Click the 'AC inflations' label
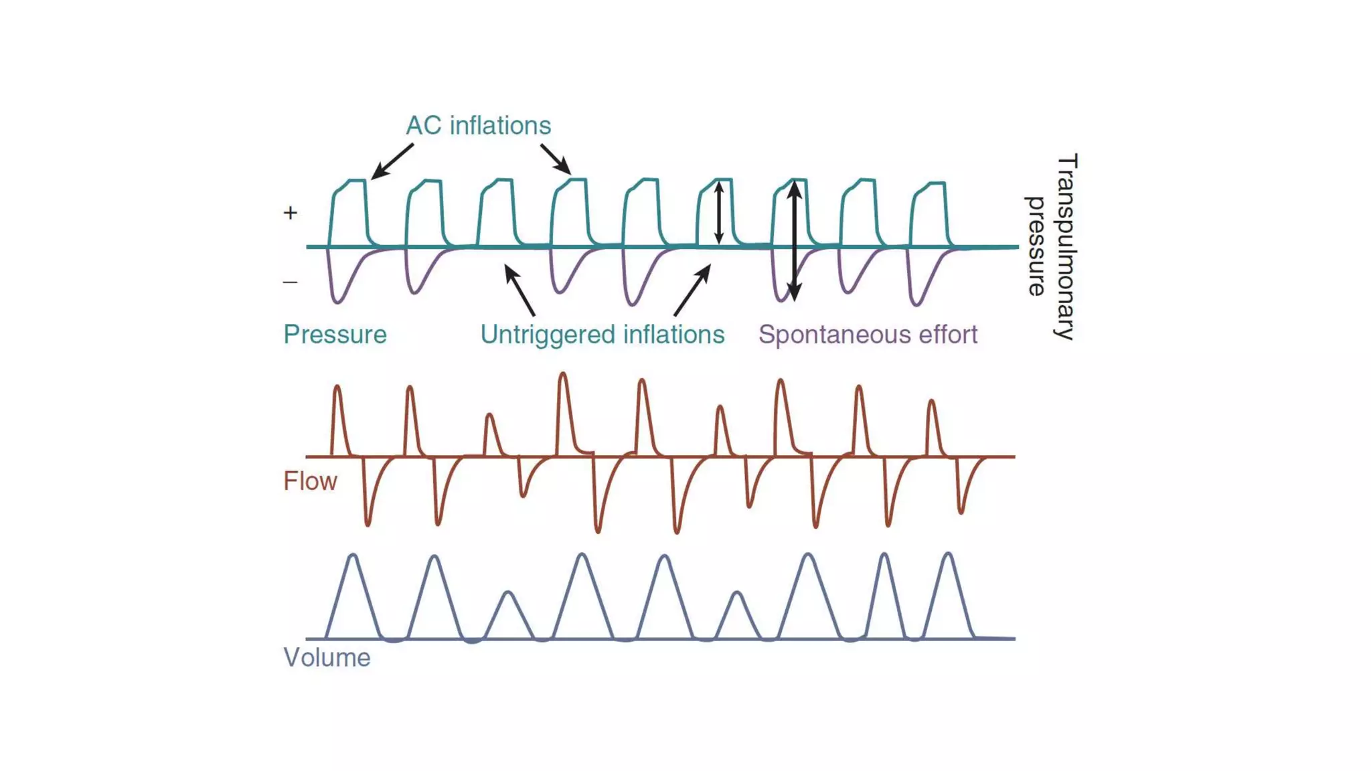[478, 126]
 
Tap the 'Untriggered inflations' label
[602, 335]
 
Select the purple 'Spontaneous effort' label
[868, 335]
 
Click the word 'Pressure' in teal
[335, 335]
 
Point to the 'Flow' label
[310, 481]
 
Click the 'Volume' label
[327, 658]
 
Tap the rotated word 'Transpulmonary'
[1066, 247]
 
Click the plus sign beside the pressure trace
[290, 213]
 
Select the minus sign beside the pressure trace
[290, 282]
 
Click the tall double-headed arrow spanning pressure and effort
[794, 241]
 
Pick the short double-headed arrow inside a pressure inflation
[718, 213]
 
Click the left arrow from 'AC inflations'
[392, 161]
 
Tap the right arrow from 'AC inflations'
[556, 159]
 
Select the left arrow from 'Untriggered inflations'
[519, 290]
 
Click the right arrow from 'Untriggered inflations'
[692, 290]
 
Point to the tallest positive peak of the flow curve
[563, 375]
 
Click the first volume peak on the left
[353, 555]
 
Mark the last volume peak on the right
[948, 554]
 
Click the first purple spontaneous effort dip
[337, 301]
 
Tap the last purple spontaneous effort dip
[916, 304]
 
